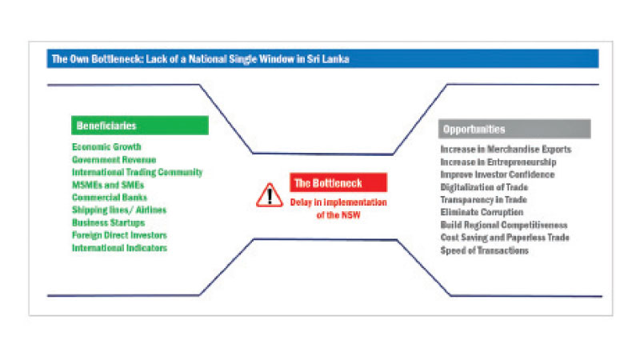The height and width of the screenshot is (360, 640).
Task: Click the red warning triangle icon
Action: pos(270,195)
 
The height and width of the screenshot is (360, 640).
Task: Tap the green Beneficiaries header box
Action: pos(140,126)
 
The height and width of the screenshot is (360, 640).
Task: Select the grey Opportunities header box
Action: pos(514,129)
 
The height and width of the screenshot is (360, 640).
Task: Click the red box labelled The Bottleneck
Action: pos(338,182)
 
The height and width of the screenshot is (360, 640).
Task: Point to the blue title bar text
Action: pos(201,59)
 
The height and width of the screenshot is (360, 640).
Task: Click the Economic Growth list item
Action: pos(106,146)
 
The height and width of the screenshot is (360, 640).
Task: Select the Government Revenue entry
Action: pos(114,159)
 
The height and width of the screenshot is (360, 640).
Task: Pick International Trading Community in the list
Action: pos(137,172)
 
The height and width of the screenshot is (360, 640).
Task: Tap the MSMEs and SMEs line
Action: pos(108,185)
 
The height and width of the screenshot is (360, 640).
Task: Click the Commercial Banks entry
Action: pos(110,198)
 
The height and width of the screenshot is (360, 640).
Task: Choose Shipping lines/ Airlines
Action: pos(119,210)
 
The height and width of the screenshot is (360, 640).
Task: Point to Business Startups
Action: pos(108,223)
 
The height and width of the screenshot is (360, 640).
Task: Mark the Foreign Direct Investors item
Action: pos(119,235)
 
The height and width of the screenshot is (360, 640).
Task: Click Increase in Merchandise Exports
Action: pos(506,150)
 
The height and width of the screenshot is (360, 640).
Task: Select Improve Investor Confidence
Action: pos(497,174)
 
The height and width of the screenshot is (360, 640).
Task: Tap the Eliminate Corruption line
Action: pos(482,212)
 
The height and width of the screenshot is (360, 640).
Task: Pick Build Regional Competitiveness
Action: pos(504,225)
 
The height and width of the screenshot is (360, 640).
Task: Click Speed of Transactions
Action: pos(485,250)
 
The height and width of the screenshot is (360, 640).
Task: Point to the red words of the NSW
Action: pos(338,215)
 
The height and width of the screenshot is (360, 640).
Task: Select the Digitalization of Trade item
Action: pos(484,187)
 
